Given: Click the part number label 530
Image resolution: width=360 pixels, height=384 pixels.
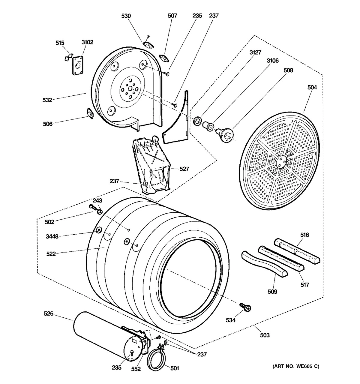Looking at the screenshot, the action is pos(126,16).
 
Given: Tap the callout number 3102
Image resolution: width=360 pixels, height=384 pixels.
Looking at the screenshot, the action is pos(87,42).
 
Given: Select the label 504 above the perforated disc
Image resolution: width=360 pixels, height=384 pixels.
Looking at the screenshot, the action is pos(312,87).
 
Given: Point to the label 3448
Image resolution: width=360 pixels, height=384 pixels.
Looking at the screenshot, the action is pos(52,236).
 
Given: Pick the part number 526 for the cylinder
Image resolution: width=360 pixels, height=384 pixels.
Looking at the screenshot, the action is pos(49,313).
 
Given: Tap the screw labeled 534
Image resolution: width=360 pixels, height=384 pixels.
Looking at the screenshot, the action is pos(245,307).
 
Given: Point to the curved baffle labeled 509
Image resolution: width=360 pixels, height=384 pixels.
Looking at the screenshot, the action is pos(264,263).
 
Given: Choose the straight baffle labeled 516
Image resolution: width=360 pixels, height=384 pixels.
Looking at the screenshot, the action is pos(297,251).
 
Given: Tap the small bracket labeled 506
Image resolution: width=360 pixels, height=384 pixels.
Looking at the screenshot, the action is pos(90,113).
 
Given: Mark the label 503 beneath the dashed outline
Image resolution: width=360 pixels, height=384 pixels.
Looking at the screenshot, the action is pos(265,335).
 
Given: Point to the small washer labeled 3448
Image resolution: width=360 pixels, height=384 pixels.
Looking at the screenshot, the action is pos(99,230).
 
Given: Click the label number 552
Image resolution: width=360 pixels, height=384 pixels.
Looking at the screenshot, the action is pos(136,369).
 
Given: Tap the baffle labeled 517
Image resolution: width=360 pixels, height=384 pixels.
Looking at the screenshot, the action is pos(281,258).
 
